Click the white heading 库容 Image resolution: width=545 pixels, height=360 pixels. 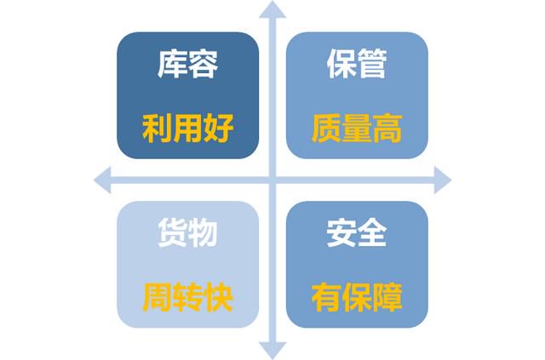point(187,64)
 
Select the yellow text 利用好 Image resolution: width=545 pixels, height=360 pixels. point(187,129)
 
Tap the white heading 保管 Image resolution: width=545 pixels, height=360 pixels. point(357,64)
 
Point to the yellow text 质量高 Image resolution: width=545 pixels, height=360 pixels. point(357,129)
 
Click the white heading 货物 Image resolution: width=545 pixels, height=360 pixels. point(187,233)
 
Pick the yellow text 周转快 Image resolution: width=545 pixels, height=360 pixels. point(187,298)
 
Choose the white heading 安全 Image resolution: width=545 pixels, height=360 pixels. point(357,233)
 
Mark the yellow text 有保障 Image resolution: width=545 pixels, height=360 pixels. point(357,298)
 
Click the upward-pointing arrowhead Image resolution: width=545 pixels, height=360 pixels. point(272,9)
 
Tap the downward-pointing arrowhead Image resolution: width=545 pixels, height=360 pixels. point(272,351)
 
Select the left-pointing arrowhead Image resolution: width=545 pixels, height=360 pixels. point(102,180)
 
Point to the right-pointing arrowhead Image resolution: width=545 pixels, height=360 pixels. point(443,180)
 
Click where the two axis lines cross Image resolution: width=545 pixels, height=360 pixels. point(272,180)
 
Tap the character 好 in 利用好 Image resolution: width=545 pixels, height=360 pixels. point(218,129)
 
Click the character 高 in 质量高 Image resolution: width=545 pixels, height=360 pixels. point(387,129)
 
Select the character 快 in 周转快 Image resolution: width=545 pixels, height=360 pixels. point(218,298)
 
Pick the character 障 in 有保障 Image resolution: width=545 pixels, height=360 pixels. point(387,298)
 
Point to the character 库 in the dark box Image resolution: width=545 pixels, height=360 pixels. point(172,64)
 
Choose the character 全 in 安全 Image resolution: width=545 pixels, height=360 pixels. point(372,233)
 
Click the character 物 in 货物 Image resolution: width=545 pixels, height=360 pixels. point(203,233)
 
